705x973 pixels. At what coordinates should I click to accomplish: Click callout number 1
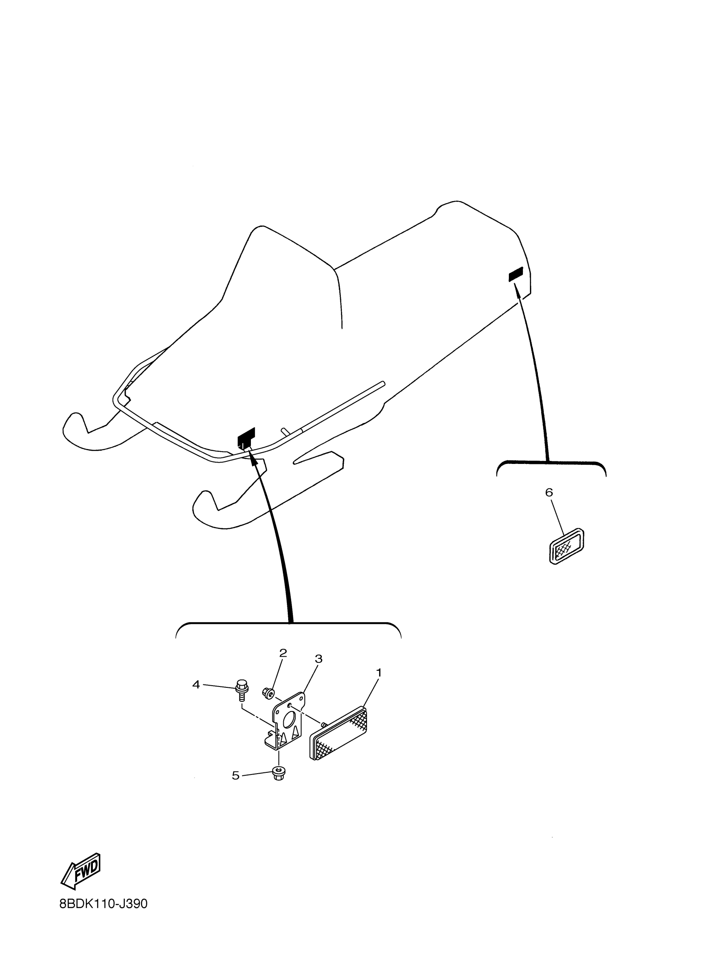pyautogui.click(x=379, y=672)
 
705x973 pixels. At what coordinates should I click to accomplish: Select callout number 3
pyautogui.click(x=318, y=658)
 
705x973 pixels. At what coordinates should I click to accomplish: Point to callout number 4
pyautogui.click(x=196, y=685)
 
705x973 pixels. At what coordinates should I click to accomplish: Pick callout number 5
pyautogui.click(x=236, y=775)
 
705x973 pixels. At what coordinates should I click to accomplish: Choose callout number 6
pyautogui.click(x=549, y=493)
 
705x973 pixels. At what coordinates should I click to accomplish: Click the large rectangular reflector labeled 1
pyautogui.click(x=338, y=734)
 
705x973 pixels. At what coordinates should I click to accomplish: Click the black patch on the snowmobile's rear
pyautogui.click(x=516, y=274)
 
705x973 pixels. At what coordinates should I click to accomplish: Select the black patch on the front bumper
pyautogui.click(x=246, y=439)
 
